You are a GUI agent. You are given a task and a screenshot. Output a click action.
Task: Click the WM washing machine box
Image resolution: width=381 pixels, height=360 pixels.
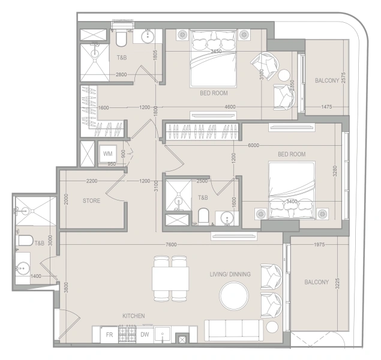107,154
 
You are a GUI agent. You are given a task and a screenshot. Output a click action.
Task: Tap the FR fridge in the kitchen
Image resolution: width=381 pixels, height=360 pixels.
110,335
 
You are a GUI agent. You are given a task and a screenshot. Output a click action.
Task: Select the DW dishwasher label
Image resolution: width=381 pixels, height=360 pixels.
145,334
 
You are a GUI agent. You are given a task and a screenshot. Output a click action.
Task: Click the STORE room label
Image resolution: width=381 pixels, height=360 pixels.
91,200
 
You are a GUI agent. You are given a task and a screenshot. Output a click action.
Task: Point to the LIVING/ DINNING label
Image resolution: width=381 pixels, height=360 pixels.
230,274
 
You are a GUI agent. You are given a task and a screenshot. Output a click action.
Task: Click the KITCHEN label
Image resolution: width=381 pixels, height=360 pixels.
134,316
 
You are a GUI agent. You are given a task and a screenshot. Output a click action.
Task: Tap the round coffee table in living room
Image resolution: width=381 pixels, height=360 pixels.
234,296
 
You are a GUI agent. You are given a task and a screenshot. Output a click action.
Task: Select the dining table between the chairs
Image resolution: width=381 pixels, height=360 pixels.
170,278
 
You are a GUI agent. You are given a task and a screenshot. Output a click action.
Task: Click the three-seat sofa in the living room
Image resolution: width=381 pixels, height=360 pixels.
234,331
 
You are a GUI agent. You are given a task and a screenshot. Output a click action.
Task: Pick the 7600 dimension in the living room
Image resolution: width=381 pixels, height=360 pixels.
171,245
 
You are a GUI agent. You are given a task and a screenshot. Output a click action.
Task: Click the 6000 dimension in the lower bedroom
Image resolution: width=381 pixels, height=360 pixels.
253,145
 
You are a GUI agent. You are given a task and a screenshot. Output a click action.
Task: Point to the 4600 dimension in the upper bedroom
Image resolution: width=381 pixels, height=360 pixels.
230,107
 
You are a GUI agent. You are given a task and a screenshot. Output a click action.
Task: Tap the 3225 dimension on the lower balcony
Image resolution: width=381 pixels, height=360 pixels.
337,283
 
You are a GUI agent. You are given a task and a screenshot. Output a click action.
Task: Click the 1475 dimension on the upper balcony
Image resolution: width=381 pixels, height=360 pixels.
326,107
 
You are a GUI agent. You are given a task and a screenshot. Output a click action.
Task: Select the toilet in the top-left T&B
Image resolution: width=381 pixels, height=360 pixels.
121,39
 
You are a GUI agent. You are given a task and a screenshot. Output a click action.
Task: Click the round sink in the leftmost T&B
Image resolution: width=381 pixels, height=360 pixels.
22,268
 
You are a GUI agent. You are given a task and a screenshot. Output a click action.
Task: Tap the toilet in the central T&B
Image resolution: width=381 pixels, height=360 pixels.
203,216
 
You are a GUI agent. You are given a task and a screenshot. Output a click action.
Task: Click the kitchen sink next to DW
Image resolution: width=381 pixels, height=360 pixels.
163,335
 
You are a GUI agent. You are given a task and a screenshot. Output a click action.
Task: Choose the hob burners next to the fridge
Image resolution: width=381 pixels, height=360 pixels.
127,334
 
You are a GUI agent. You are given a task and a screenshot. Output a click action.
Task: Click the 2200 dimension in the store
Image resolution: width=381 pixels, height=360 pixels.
92,181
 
